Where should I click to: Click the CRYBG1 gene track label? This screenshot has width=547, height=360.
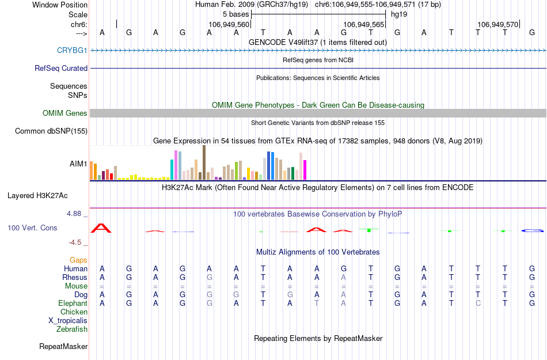pos(72,50)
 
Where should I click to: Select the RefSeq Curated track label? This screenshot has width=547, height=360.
pos(61,68)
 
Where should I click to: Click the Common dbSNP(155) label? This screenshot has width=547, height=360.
pos(51,131)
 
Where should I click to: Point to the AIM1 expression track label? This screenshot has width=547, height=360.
pos(78,164)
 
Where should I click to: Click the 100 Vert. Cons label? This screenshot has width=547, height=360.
pos(32,228)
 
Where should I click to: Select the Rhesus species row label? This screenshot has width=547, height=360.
pos(75,277)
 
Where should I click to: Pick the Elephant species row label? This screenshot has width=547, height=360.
pos(73,303)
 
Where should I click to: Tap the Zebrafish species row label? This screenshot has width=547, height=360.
pos(72,329)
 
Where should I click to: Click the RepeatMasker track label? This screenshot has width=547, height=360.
pos(63,347)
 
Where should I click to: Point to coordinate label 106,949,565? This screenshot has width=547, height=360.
pos(363,25)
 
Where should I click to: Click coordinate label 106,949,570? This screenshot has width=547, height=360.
pos(497,25)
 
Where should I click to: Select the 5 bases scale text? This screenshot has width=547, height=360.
pos(235,14)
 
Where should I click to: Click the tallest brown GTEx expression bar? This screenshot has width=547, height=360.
pos(204,163)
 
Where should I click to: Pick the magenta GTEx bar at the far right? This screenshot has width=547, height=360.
pos(305,170)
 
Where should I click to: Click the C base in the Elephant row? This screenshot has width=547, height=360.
pos(478,303)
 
